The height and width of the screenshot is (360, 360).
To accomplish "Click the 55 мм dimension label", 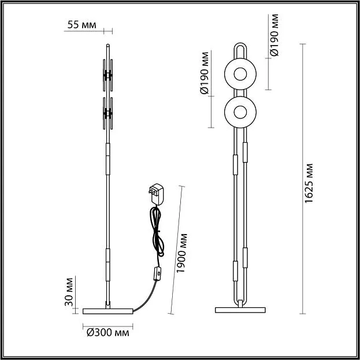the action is [81, 25].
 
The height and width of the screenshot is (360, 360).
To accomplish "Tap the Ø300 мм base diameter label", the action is [108, 332].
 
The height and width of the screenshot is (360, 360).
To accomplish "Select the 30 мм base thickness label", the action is [69, 292].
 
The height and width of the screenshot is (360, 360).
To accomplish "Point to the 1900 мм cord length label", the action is [181, 253].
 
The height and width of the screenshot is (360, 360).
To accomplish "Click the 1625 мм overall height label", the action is [309, 183].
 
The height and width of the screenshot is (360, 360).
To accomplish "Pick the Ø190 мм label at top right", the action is [274, 35].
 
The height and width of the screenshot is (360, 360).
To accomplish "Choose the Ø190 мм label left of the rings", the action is [205, 73].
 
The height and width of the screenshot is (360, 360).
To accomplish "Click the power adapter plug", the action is [157, 194].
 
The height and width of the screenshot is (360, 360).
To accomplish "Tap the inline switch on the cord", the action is [157, 273].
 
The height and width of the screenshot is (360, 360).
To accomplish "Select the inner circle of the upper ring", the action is [240, 74].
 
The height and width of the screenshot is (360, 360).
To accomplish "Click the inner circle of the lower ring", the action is [240, 112].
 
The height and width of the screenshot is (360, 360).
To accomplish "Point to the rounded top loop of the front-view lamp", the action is [240, 44].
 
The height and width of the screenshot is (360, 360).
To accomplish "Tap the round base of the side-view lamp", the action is [107, 311].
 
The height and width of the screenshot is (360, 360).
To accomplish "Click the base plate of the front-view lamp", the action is [240, 310].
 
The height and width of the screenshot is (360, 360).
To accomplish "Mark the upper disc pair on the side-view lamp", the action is [107, 75].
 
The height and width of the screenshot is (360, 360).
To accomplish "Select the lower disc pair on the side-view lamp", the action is [107, 113].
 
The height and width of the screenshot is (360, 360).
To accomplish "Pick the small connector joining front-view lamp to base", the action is [240, 303].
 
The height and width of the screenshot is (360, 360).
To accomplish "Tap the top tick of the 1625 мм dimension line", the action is [303, 44].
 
